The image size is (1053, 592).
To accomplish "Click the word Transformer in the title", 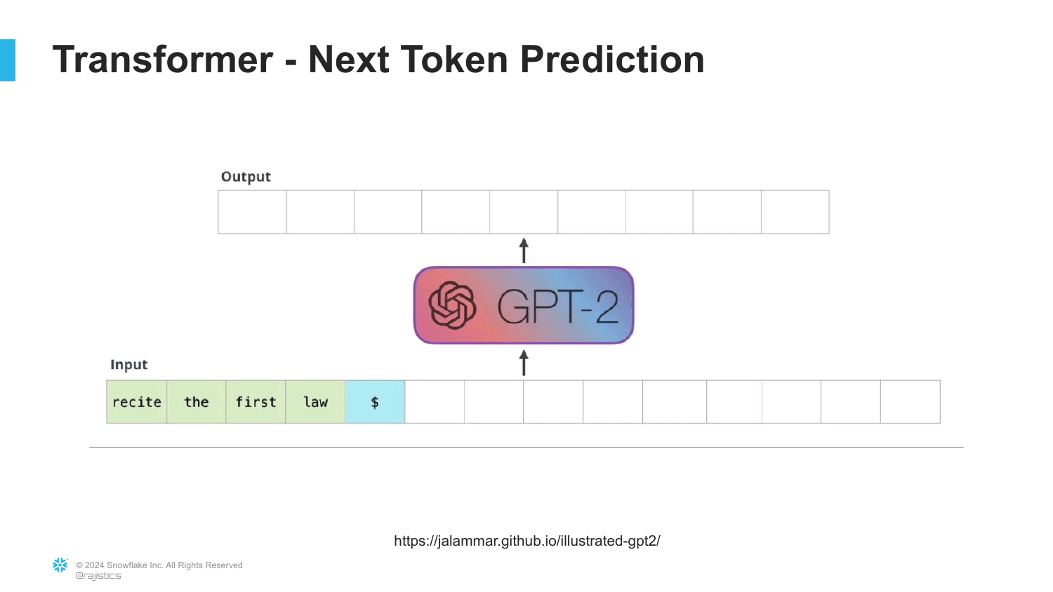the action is tap(163, 60).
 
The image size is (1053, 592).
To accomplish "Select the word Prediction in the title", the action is tap(612, 60).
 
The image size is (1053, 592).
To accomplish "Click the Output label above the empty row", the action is tap(246, 177).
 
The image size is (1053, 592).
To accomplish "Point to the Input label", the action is tap(128, 365).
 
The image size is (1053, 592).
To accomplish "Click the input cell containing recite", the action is tap(137, 402).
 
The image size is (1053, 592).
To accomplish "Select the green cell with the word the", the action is tap(197, 402).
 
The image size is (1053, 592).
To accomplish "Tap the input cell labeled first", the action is tap(256, 402).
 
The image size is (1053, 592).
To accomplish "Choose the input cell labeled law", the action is tap(315, 402).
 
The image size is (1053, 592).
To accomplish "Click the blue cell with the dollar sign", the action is tap(375, 402).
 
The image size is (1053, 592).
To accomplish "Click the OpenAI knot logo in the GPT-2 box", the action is tap(452, 305).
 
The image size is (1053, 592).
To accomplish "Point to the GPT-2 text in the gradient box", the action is tap(557, 307).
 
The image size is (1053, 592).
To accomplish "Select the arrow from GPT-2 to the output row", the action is tap(524, 250).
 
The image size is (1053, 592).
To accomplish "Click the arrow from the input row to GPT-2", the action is tap(524, 363).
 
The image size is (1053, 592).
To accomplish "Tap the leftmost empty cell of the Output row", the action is tap(253, 212).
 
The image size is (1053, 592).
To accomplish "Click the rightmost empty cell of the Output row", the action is tap(795, 212).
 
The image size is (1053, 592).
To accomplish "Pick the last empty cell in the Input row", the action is tap(910, 402).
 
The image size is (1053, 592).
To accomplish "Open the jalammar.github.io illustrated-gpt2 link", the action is tap(527, 541).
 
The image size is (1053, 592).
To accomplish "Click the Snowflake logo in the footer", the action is tap(60, 565).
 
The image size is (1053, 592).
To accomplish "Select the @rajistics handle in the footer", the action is tap(98, 576).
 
